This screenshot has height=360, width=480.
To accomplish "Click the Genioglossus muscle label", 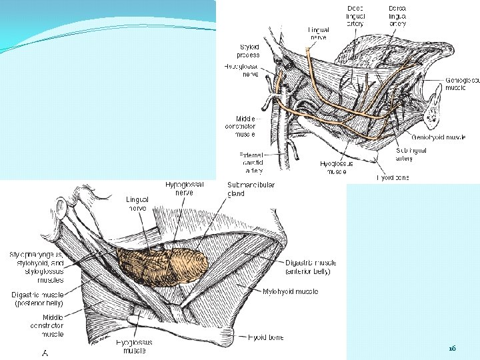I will [462, 83].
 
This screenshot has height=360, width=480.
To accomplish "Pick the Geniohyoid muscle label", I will [439, 137].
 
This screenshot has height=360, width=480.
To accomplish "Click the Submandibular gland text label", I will [241, 189].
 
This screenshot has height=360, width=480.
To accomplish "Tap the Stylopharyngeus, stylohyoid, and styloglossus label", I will [37, 263].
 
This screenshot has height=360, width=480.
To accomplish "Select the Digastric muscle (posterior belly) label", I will [37, 299].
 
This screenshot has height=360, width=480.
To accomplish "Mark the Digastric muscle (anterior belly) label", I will [307, 267].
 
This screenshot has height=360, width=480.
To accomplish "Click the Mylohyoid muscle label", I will [290, 291].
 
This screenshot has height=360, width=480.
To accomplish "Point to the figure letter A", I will [45, 353].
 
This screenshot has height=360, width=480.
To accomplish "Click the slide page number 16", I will [452, 349].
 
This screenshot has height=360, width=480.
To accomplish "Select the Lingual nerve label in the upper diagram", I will [318, 34].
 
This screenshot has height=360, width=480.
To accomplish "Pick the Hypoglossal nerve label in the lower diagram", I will [185, 189].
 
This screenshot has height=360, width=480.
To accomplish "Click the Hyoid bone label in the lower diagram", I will [266, 337].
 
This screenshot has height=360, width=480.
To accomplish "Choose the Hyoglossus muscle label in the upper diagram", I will [337, 167].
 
